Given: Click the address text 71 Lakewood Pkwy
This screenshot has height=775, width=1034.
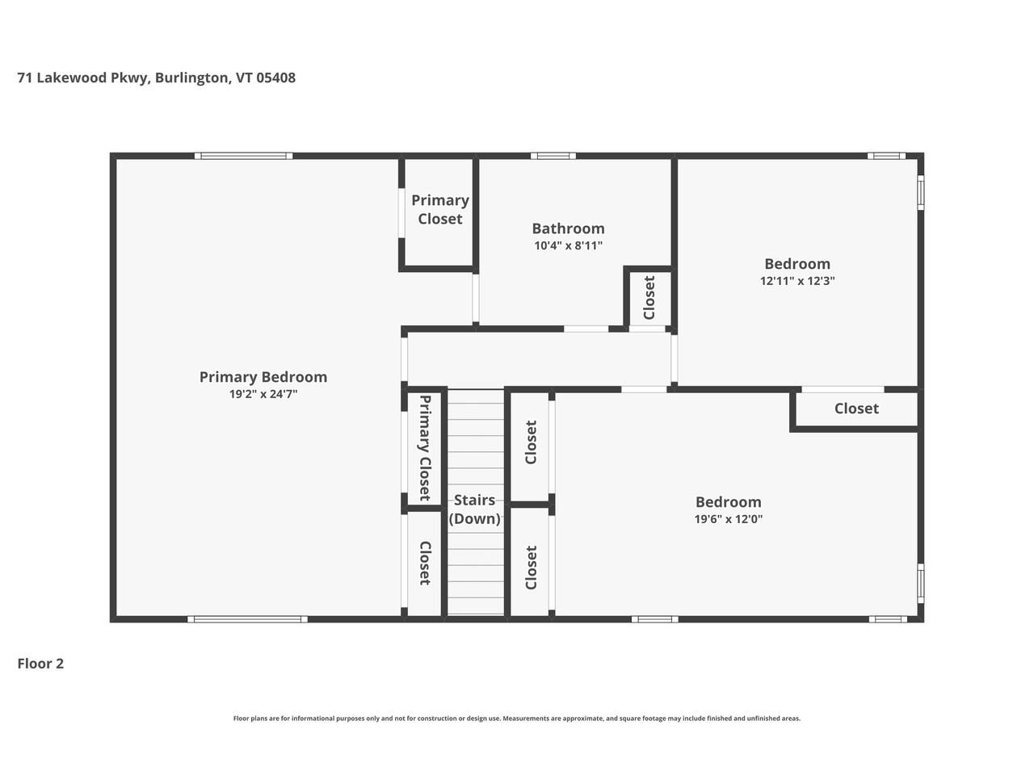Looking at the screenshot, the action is click(83, 77).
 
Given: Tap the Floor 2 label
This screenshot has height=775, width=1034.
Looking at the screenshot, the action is click(40, 664).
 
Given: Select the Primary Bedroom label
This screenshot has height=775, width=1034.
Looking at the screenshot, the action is click(263, 377).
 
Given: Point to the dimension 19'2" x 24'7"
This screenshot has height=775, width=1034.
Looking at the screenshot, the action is click(263, 394).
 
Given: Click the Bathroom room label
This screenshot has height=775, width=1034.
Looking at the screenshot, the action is click(568, 228).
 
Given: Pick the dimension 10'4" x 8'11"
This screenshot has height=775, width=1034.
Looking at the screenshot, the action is click(568, 245).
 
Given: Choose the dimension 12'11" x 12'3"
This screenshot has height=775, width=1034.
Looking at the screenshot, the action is click(797, 281).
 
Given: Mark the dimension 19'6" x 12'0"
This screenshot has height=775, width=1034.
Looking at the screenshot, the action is click(729, 519).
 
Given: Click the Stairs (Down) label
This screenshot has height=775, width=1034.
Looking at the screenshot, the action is click(474, 509).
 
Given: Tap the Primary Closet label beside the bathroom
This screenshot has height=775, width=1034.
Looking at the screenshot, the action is click(440, 209).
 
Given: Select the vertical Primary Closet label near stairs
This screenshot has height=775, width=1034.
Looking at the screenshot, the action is click(424, 447).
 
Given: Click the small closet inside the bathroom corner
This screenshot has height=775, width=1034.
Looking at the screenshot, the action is click(649, 298).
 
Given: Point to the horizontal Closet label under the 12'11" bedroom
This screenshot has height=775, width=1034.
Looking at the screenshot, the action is click(856, 408).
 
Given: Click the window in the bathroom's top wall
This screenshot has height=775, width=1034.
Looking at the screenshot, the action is click(553, 156).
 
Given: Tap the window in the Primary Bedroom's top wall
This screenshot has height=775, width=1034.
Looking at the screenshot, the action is click(243, 156).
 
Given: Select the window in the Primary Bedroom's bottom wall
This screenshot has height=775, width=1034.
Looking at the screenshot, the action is click(247, 619).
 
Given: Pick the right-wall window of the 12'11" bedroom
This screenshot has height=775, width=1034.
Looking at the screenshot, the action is click(920, 192).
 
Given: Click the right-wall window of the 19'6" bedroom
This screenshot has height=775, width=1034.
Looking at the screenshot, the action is click(920, 584).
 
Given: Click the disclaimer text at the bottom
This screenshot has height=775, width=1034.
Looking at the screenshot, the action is click(517, 718).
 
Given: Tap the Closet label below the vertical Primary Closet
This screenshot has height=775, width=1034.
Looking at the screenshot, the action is click(424, 563).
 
